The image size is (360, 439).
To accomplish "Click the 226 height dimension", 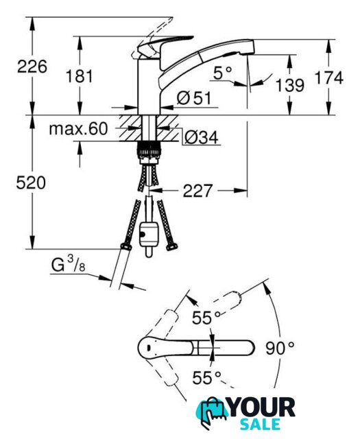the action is coord(32,67).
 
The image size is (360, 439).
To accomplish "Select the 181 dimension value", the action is coord(80,76).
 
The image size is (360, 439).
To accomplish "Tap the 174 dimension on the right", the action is coord(328,78).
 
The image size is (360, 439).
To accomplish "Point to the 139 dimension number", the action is coord(290,85).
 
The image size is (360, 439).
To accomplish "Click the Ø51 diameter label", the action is coord(194,98).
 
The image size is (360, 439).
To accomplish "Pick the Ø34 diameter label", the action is coord(202,137).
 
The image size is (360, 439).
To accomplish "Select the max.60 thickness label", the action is coord(78,129).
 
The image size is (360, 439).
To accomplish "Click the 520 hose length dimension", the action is coord(31,183).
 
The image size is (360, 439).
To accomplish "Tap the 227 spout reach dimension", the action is coord(197,191).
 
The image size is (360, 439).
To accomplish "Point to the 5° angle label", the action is coord(223,73).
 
